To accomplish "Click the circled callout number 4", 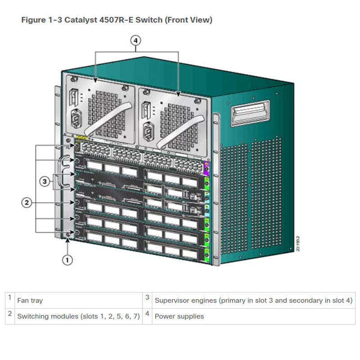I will pos(136,40).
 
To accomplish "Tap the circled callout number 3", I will pos(44,182).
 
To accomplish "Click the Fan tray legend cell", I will pos(30,300).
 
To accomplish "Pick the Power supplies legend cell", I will pos(179,316).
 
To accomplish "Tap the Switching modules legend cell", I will pos(78,316).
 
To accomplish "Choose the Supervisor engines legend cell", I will pos(253,300).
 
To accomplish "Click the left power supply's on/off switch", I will pos(74,98).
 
